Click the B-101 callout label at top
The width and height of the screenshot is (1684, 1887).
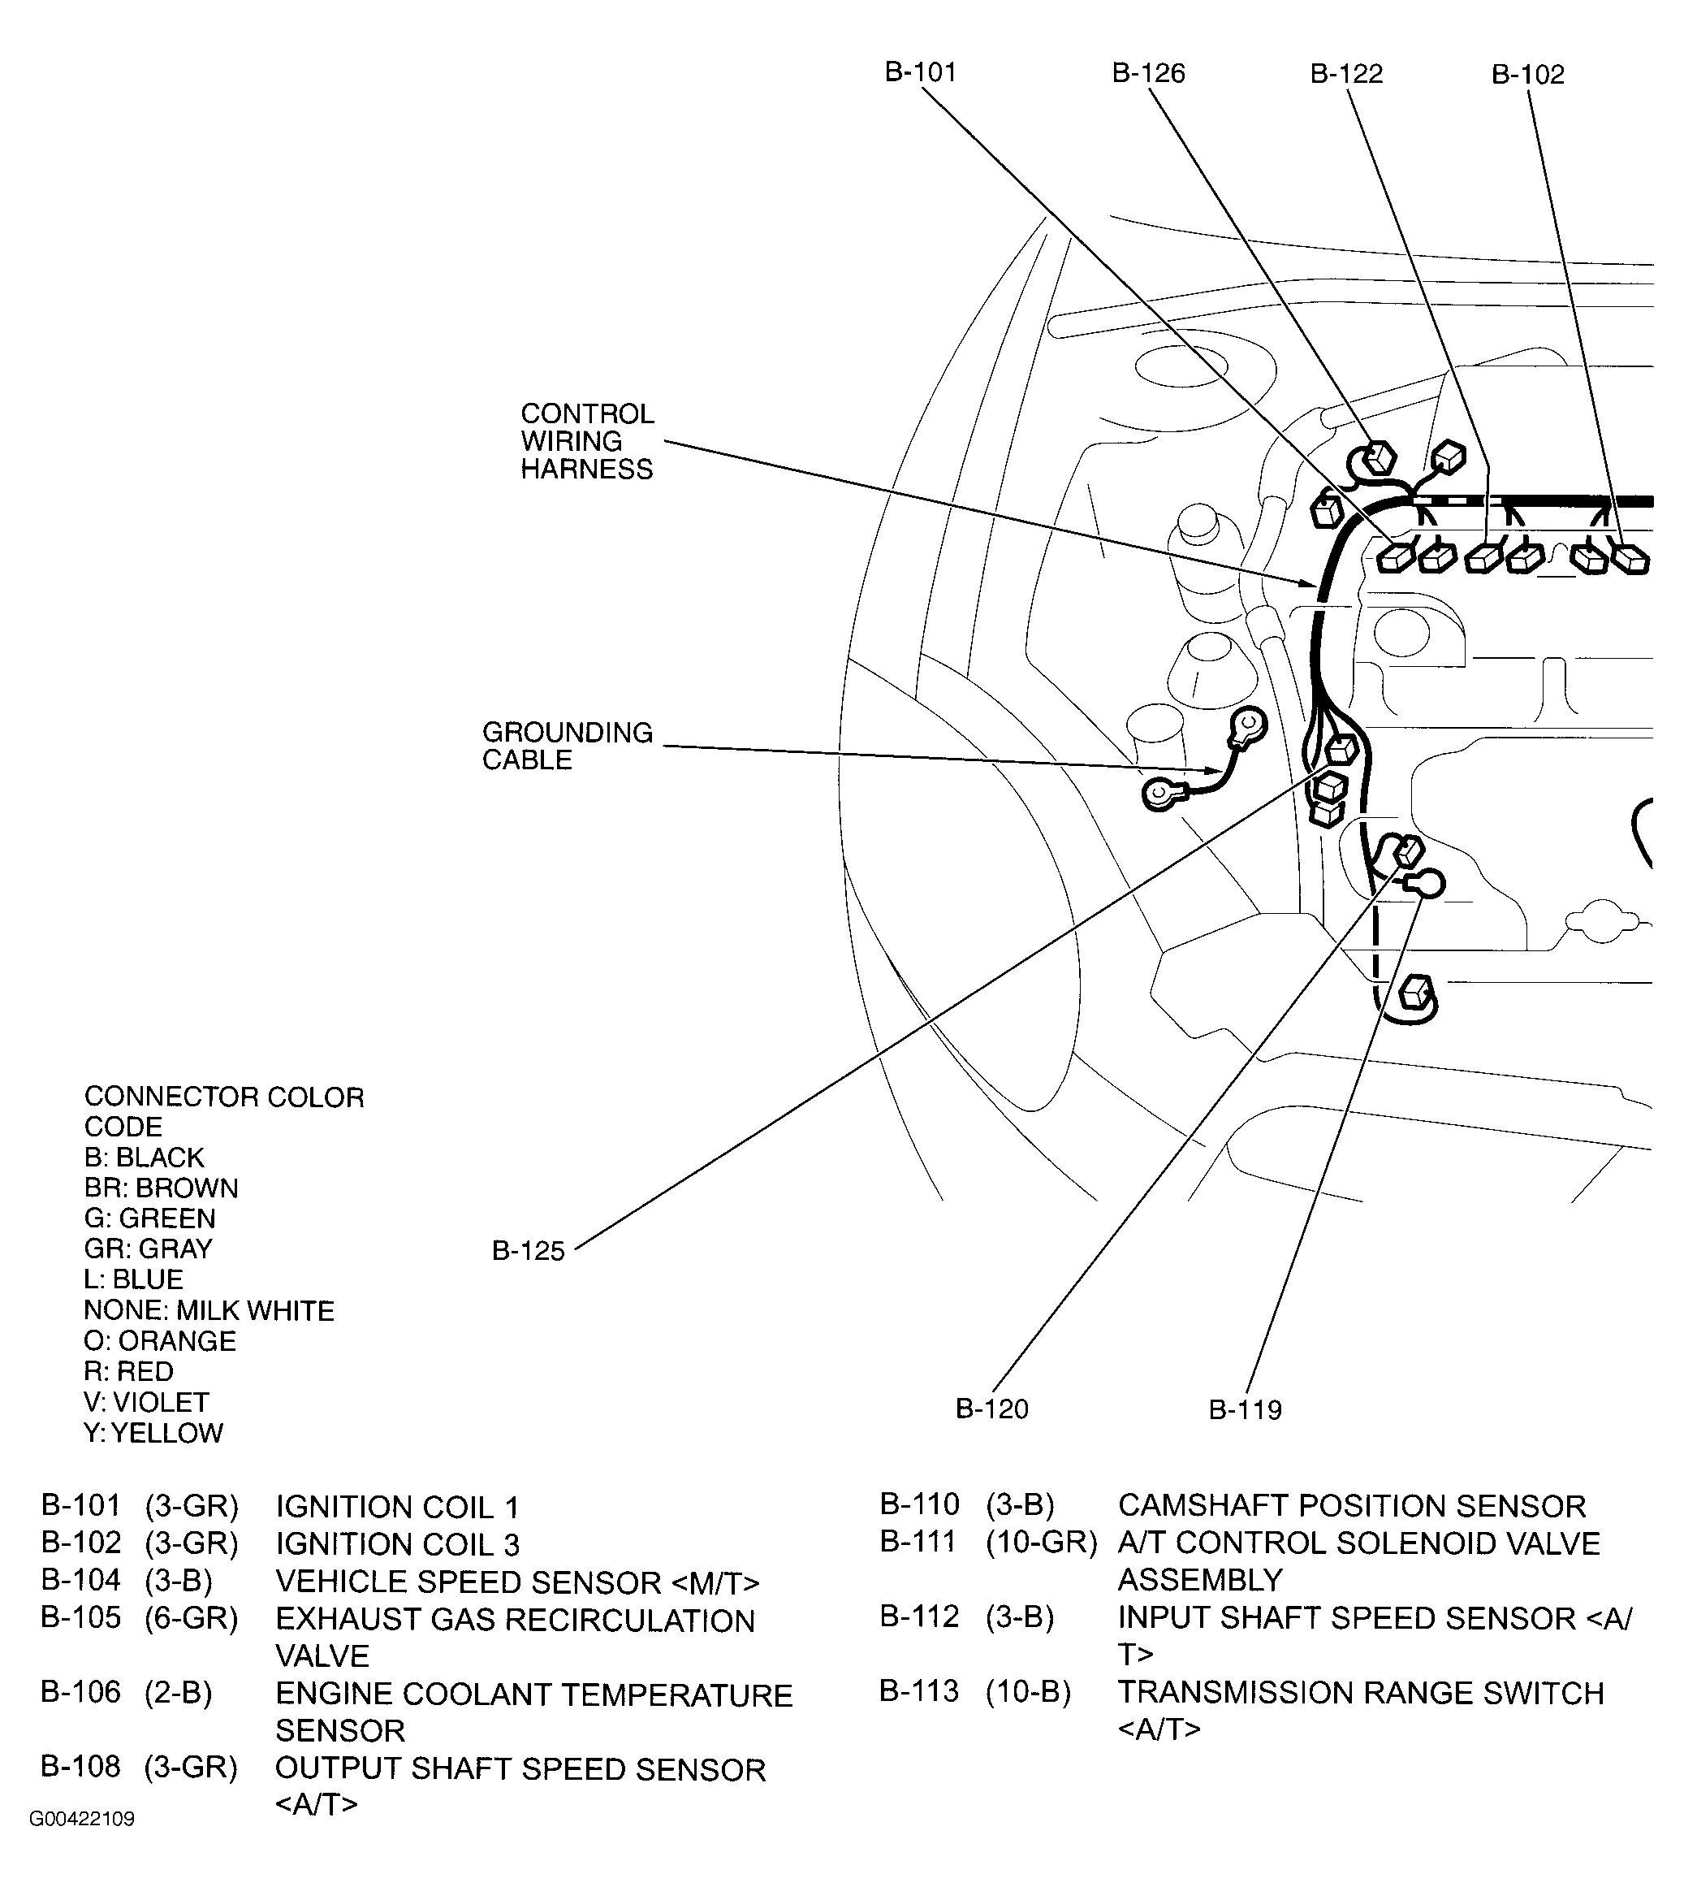920,72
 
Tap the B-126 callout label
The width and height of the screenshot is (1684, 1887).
1147,73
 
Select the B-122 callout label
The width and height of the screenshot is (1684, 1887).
1346,74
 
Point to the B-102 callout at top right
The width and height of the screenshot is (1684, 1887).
1527,75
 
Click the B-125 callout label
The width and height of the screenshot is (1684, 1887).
528,1251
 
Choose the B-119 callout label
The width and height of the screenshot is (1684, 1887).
1245,1410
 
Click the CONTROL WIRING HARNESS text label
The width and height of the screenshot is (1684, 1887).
586,441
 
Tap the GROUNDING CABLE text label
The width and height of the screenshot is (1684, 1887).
568,746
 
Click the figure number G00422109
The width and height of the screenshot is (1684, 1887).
81,1846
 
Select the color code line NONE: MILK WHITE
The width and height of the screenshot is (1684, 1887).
209,1310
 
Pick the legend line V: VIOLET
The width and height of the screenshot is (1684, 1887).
146,1402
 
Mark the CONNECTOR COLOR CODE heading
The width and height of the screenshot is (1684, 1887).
223,1111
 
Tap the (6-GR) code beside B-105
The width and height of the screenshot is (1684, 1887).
192,1619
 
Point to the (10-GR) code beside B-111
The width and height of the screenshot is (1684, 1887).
1041,1543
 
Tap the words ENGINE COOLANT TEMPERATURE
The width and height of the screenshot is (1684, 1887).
534,1695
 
